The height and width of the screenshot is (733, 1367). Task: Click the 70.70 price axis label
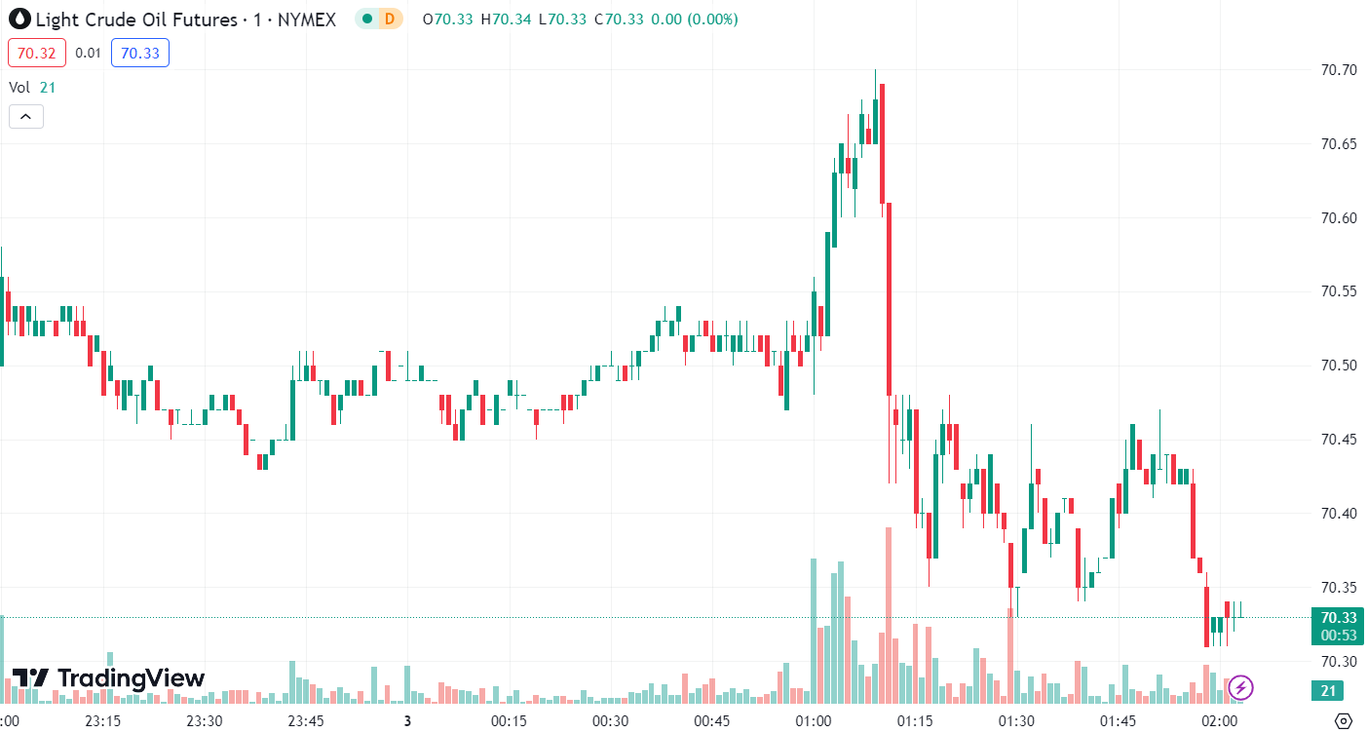click(x=1339, y=70)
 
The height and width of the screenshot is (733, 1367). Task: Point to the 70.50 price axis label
click(x=1339, y=366)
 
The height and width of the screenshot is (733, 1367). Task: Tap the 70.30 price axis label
click(x=1339, y=662)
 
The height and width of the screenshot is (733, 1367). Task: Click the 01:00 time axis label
click(x=814, y=721)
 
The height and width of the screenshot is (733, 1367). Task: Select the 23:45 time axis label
click(x=306, y=721)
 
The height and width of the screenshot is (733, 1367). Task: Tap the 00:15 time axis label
click(x=509, y=721)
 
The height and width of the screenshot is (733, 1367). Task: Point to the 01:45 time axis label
click(x=1118, y=721)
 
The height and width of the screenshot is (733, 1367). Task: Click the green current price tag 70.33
click(x=1339, y=617)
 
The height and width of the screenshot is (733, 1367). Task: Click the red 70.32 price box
click(x=36, y=53)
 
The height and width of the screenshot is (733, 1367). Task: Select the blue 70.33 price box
click(x=140, y=53)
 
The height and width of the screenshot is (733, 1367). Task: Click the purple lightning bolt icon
click(x=1240, y=687)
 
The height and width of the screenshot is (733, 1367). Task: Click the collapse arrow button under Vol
click(x=25, y=117)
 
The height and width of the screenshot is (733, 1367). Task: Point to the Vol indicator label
click(x=19, y=87)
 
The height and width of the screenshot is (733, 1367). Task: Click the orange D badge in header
click(x=390, y=19)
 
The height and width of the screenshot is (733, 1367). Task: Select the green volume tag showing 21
click(x=1326, y=691)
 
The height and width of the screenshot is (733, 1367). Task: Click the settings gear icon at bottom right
click(x=1344, y=721)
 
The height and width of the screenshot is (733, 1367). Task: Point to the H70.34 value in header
click(x=512, y=19)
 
